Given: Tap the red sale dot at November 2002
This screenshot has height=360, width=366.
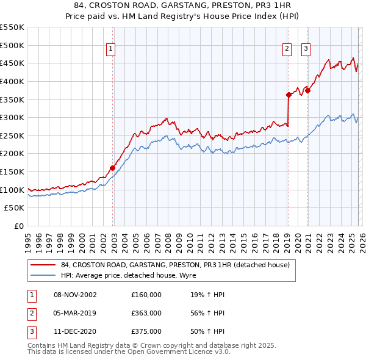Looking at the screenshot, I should [x=113, y=168].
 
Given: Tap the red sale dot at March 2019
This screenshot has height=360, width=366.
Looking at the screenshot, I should [x=289, y=95].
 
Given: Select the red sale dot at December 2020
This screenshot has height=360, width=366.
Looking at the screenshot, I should [x=308, y=90].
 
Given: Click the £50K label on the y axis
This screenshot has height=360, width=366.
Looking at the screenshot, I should [x=15, y=208].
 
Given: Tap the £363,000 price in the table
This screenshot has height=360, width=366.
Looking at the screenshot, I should [x=146, y=313].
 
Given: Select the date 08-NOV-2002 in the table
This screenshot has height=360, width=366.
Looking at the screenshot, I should [x=75, y=295].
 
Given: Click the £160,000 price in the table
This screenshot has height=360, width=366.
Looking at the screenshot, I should [x=146, y=295].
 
